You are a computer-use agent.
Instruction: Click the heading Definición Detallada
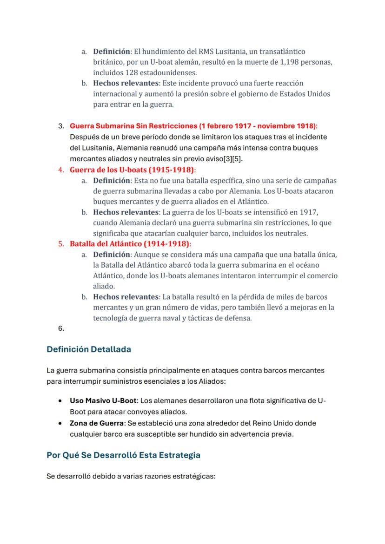[x=89, y=349]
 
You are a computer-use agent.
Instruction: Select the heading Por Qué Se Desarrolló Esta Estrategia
[x=124, y=455]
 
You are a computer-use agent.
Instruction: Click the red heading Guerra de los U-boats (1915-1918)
[x=133, y=170]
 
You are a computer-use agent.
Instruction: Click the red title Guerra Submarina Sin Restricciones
[x=133, y=126]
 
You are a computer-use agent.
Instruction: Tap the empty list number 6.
[x=61, y=328]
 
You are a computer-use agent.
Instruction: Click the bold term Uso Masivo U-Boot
[x=104, y=400]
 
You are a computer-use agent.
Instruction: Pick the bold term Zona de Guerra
[x=96, y=423]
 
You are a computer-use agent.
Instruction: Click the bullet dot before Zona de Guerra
[x=60, y=424]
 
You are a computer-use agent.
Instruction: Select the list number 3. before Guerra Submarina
[x=61, y=126]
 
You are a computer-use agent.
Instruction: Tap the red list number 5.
[x=61, y=243]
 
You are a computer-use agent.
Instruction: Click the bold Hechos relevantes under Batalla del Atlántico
[x=126, y=297]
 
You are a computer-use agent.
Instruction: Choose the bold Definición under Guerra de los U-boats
[x=112, y=180]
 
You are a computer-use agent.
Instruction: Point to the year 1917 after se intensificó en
[x=308, y=212]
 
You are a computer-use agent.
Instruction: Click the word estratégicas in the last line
[x=195, y=476]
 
